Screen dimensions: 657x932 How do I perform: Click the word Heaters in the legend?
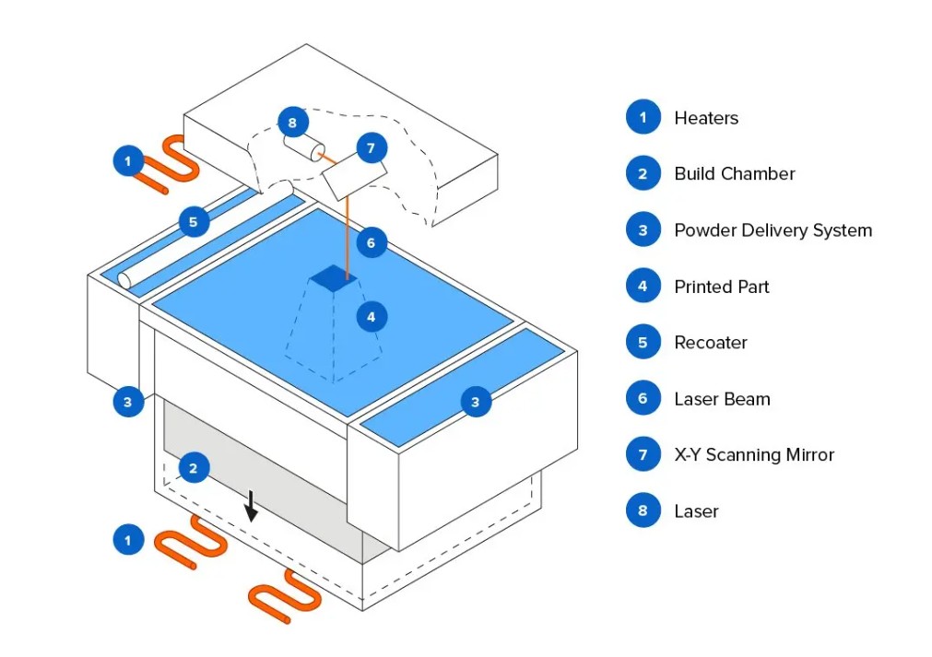(706, 118)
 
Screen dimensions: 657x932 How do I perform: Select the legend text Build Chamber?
(734, 174)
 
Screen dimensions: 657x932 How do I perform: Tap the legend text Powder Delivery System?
(773, 230)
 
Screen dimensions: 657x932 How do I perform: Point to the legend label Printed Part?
(721, 287)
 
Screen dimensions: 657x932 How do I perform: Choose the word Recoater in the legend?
(710, 343)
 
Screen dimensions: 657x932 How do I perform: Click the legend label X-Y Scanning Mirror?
(753, 455)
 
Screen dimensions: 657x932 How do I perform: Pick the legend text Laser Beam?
(722, 399)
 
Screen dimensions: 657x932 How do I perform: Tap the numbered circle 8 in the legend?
(643, 510)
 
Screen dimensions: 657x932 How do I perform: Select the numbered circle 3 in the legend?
(643, 230)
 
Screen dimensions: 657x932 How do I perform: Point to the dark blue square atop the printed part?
(333, 277)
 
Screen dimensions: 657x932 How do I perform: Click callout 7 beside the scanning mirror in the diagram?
(372, 147)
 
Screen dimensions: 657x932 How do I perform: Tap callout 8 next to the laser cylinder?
(292, 122)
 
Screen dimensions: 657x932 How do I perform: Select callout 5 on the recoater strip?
(193, 222)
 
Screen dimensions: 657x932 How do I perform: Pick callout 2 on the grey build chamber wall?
(193, 468)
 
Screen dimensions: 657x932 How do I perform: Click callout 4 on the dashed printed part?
(372, 317)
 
